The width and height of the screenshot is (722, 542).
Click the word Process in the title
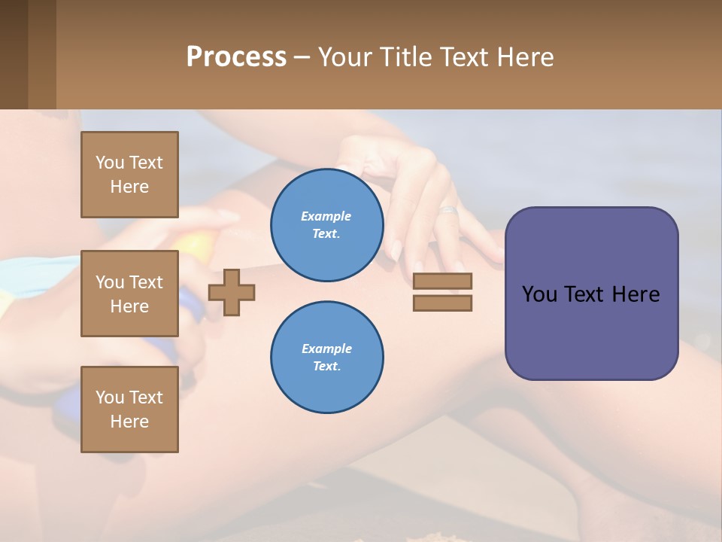click(x=236, y=57)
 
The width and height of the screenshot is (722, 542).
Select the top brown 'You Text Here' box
click(x=129, y=175)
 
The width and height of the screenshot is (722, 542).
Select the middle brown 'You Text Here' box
click(x=129, y=294)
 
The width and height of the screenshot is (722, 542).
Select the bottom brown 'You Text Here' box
click(x=129, y=410)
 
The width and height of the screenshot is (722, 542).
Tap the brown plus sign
click(x=232, y=291)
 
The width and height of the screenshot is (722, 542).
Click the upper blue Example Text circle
click(x=326, y=224)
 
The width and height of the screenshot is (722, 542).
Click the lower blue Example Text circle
click(x=326, y=357)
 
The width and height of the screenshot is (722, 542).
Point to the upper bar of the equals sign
click(x=442, y=281)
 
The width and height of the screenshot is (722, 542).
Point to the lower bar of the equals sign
click(x=442, y=303)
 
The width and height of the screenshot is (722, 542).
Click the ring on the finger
click(x=448, y=210)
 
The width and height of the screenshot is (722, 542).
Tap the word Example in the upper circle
click(x=326, y=216)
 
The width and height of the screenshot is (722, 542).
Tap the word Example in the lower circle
click(x=326, y=349)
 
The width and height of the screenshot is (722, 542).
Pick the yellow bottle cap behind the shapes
click(x=197, y=245)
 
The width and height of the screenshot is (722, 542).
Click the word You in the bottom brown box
click(x=110, y=397)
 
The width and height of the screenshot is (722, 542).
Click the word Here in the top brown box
click(x=129, y=187)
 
